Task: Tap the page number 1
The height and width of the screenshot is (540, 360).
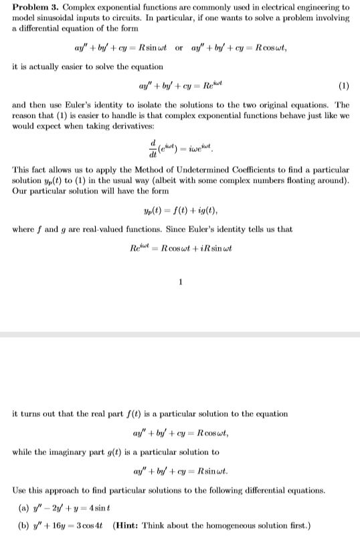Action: pos(180,281)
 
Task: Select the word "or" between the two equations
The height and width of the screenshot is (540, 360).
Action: pos(179,48)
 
